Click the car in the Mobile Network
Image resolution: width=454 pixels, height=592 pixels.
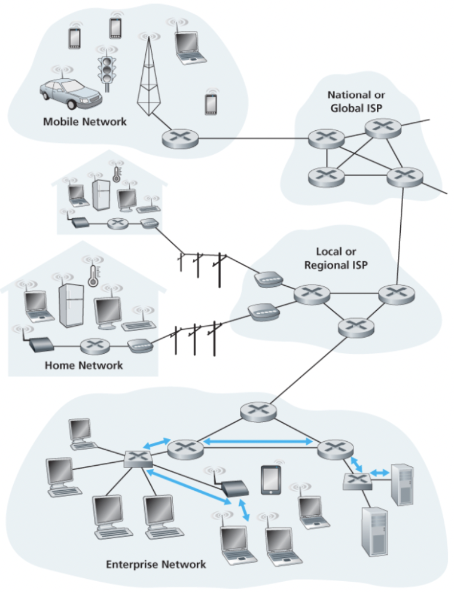(70, 93)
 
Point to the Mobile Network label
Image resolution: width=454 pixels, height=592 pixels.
(85, 122)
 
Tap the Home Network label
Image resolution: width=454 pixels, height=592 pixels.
(83, 365)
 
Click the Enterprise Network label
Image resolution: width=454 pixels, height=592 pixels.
(156, 564)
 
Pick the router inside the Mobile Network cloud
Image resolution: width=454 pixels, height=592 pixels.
(180, 138)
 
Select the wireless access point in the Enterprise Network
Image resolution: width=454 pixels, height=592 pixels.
(234, 487)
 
